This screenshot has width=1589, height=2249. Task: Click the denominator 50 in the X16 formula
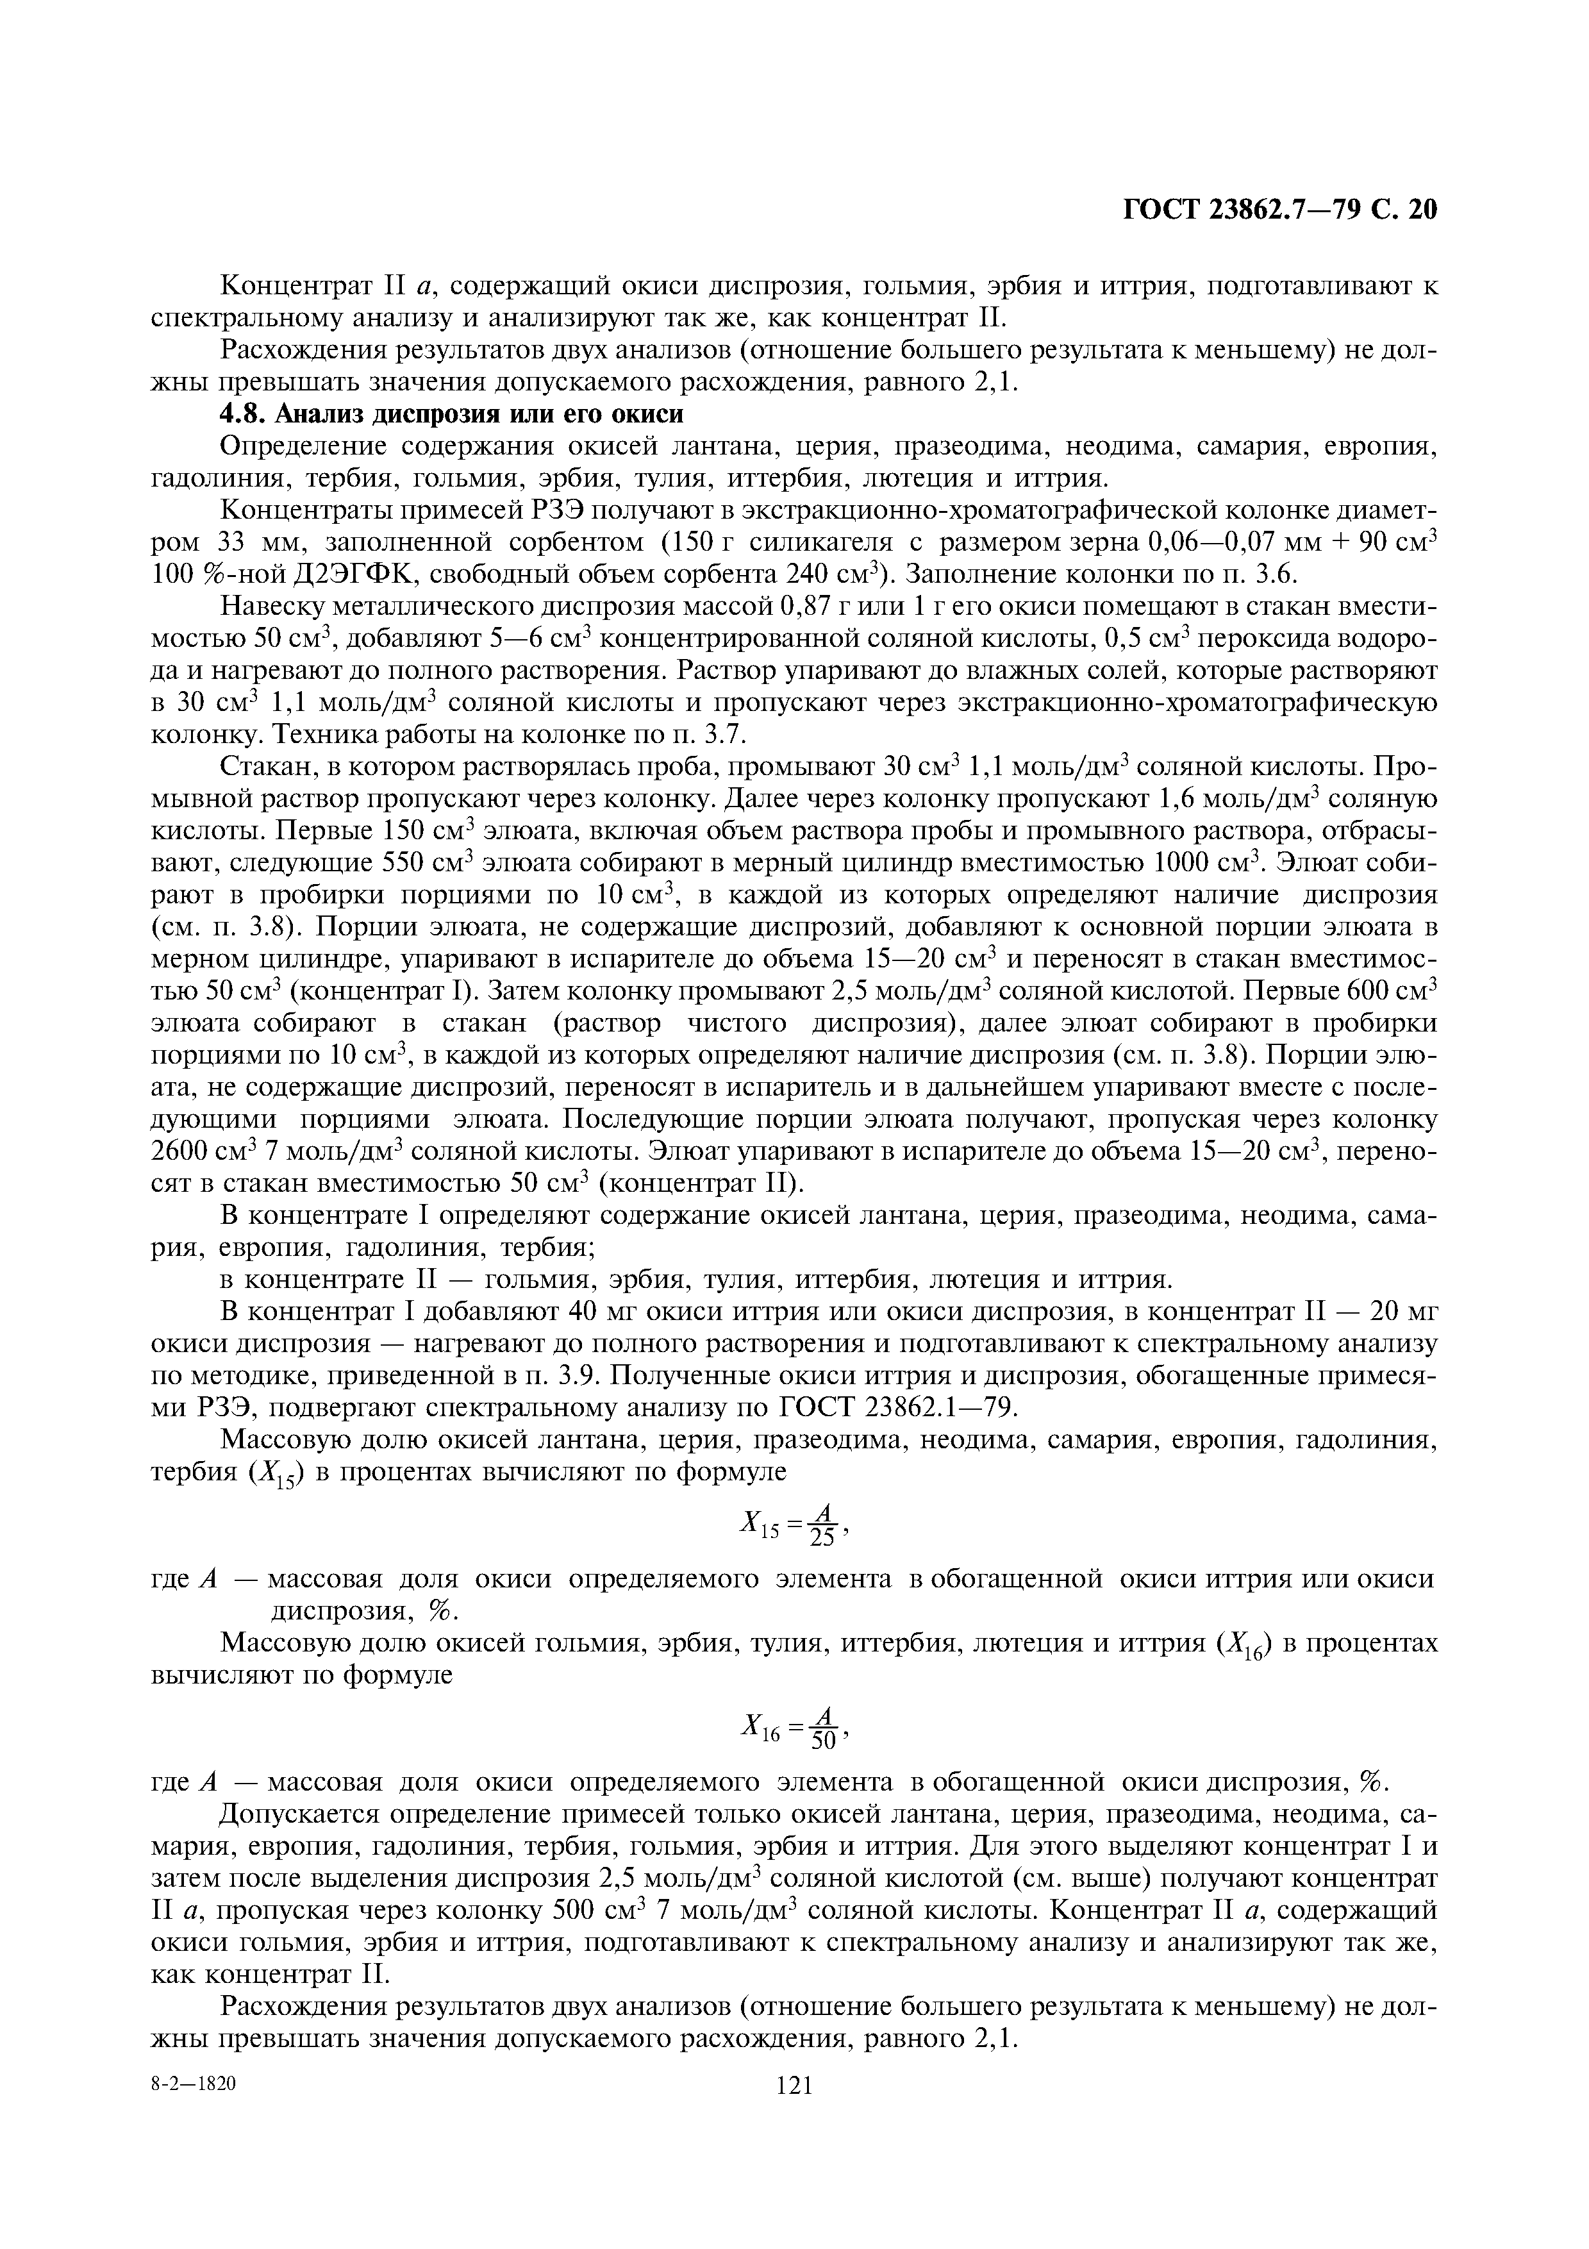(x=822, y=1743)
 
